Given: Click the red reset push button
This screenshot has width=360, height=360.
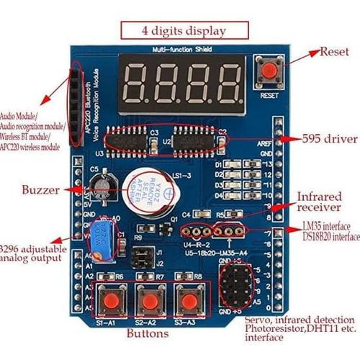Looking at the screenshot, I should coord(269,71).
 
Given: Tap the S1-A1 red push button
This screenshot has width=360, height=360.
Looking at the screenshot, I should coord(110,300).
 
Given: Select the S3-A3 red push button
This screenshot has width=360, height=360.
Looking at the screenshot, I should coord(189,300).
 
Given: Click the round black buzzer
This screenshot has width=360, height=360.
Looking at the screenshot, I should coord(148,191).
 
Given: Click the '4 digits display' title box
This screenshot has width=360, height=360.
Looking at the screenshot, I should coord(184,31).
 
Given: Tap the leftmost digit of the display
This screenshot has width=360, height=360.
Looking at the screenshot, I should coord(140,81).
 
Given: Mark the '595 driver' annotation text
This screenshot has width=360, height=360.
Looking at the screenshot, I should coord(317,138).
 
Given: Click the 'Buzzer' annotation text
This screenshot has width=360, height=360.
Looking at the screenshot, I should coord(44,191).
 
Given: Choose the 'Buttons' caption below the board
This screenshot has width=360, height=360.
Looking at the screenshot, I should coord(148,333).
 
